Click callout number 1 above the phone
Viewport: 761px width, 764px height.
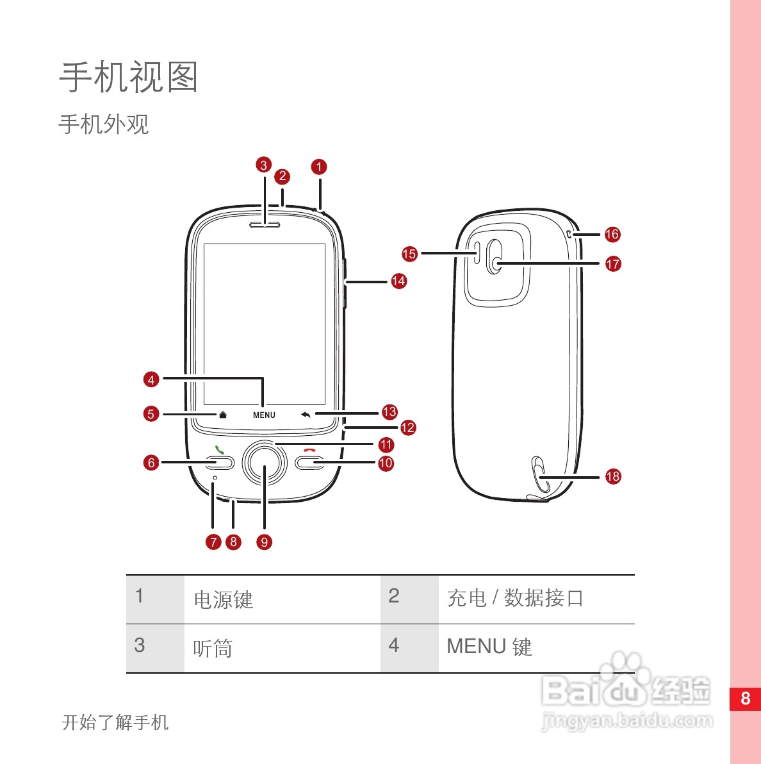[x=319, y=167]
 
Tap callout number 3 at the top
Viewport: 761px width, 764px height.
[x=264, y=165]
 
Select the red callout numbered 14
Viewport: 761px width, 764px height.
[x=398, y=281]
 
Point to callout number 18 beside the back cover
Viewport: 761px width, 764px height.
[x=613, y=476]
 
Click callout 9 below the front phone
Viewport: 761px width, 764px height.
[x=264, y=542]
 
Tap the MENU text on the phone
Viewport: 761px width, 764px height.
[x=264, y=415]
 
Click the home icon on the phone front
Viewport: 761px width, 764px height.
[x=223, y=414]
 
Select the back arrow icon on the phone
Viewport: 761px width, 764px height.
[x=306, y=414]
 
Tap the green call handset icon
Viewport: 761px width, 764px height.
[x=220, y=450]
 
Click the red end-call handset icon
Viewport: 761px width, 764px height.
[x=310, y=450]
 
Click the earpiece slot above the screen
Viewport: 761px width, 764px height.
[x=264, y=225]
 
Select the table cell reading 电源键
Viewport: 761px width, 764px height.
[x=224, y=600]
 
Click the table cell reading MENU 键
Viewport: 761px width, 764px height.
[x=489, y=647]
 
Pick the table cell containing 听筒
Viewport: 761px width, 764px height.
[x=213, y=649]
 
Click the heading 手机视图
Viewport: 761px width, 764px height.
[x=129, y=78]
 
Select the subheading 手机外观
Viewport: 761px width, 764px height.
[x=104, y=124]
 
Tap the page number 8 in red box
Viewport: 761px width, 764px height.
[x=745, y=699]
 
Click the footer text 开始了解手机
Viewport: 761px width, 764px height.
[x=115, y=722]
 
